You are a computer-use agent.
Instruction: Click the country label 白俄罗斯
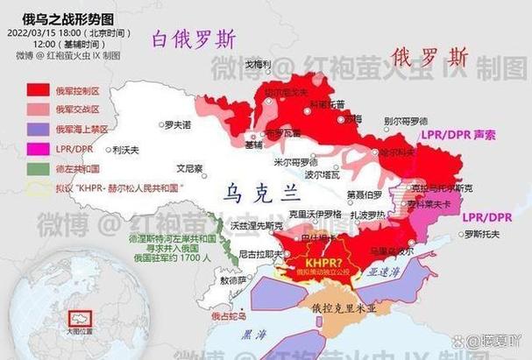click(194, 39)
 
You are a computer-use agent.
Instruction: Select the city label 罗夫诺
click(177, 125)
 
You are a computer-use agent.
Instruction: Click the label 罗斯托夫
click(485, 234)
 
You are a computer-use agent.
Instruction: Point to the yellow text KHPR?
click(323, 262)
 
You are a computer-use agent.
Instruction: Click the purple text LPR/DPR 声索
click(458, 136)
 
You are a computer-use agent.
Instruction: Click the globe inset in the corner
click(67, 304)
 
